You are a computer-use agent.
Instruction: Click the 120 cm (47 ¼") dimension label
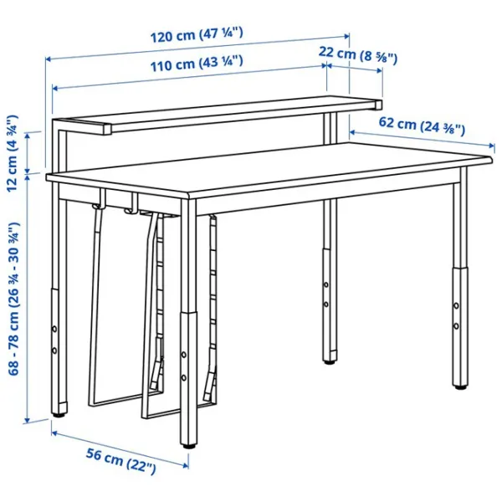(x=197, y=35)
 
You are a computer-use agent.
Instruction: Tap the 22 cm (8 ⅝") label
(x=357, y=54)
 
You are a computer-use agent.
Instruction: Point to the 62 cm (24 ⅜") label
(x=422, y=125)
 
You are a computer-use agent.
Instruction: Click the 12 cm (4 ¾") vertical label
(x=13, y=153)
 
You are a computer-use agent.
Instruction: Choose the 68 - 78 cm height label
(x=14, y=299)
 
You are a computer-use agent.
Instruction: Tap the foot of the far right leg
(x=460, y=387)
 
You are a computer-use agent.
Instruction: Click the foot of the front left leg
(x=59, y=415)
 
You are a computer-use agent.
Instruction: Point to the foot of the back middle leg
(x=330, y=362)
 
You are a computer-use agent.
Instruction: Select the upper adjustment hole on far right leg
(x=456, y=305)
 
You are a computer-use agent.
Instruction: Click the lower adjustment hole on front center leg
(x=184, y=378)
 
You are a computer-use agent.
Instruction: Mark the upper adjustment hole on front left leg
(x=54, y=329)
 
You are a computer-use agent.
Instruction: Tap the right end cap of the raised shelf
(x=378, y=105)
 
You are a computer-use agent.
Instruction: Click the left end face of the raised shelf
(x=107, y=129)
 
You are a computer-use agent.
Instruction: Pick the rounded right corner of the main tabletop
(x=489, y=159)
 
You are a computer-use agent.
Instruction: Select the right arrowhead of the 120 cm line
(x=346, y=36)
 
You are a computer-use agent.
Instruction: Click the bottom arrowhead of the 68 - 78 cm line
(x=28, y=419)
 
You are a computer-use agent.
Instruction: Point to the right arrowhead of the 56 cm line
(x=185, y=464)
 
